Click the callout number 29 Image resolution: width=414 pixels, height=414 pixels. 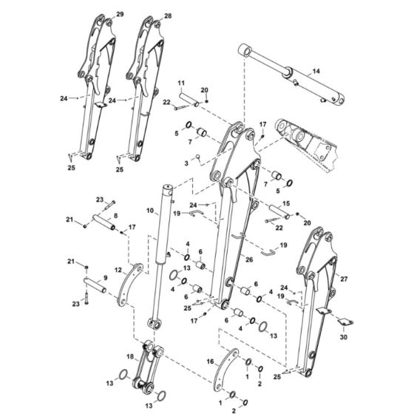pyautogui.click(x=121, y=15)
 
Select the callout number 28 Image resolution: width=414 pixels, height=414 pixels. pyautogui.click(x=168, y=16)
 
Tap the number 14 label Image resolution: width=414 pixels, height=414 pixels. pyautogui.click(x=316, y=71)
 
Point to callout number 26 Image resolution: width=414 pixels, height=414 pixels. pyautogui.click(x=249, y=259)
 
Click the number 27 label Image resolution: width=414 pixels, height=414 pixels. pyautogui.click(x=343, y=279)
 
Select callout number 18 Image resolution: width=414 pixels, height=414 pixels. pyautogui.click(x=130, y=356)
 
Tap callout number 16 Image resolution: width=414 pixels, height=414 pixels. pyautogui.click(x=210, y=362)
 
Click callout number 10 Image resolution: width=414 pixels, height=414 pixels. pyautogui.click(x=151, y=211)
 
